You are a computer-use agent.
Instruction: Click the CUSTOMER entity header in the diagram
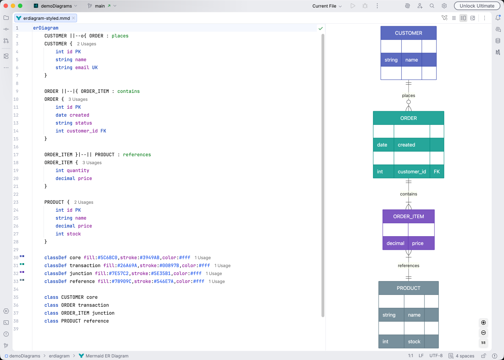[408, 33]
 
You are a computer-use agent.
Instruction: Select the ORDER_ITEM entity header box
[408, 216]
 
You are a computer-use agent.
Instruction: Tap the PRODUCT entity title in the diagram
[408, 288]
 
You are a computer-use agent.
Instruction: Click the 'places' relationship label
[408, 95]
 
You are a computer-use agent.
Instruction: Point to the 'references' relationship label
[408, 266]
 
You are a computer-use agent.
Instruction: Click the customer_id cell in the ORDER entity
[411, 172]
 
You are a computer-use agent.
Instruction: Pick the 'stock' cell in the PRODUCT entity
[414, 342]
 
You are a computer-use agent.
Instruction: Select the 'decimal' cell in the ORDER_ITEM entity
[395, 243]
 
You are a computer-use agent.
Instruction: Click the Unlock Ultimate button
[477, 6]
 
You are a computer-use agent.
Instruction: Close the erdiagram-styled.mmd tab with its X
[73, 18]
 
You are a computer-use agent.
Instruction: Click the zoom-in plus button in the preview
[483, 323]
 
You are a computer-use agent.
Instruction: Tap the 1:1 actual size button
[483, 343]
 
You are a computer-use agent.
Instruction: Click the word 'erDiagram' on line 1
[46, 28]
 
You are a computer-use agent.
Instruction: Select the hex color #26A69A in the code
[127, 266]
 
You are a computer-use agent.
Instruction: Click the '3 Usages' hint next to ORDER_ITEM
[92, 163]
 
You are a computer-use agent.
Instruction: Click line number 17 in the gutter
[16, 155]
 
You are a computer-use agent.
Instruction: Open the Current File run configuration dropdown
[327, 6]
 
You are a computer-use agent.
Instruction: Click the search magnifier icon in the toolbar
[432, 6]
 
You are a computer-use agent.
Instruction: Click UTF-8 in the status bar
[436, 356]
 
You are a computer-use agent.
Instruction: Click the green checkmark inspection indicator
[320, 28]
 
